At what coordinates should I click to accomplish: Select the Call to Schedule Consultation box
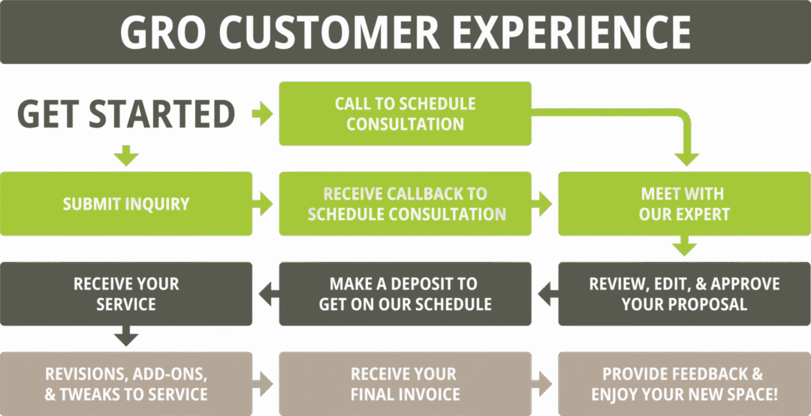point(405,114)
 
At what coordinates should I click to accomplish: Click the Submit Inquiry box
point(126,203)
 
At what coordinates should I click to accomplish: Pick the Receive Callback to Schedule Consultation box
point(405,203)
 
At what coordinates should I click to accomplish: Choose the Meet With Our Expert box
point(684,203)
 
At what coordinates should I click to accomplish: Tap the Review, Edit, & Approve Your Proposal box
point(684,294)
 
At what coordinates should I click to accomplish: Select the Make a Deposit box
point(405,294)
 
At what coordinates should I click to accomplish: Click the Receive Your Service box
point(126,294)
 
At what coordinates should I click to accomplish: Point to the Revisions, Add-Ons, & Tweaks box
point(126,384)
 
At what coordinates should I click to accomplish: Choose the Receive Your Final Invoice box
point(405,384)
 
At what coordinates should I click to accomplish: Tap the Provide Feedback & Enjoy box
point(684,384)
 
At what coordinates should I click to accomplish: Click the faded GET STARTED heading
point(126,114)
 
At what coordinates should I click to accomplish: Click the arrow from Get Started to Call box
point(262,115)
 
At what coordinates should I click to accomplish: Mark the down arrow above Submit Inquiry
point(126,157)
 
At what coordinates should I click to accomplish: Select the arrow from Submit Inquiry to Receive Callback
point(264,203)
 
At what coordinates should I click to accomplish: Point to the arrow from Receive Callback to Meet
point(542,203)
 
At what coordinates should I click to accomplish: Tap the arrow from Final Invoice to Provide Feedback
point(542,384)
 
